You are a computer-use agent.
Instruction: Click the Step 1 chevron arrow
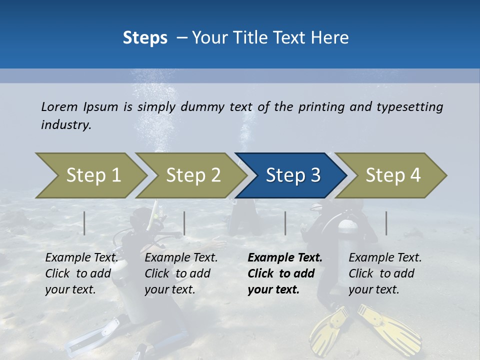click(x=92, y=175)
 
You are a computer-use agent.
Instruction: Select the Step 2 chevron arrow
click(x=192, y=175)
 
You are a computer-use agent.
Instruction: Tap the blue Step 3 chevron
click(x=292, y=175)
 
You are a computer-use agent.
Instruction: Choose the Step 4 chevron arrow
click(x=392, y=175)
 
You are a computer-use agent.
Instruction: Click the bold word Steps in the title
click(x=145, y=38)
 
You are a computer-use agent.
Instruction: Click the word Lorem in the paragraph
click(x=59, y=107)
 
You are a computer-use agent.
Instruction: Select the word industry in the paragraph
click(x=66, y=125)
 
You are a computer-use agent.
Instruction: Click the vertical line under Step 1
click(x=84, y=223)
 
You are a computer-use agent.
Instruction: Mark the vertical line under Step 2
click(x=184, y=223)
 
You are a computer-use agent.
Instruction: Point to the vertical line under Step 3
click(x=285, y=223)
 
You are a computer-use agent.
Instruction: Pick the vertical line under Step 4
click(x=386, y=223)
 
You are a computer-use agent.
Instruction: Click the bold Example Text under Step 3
click(x=285, y=258)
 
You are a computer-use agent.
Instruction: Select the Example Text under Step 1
click(x=81, y=258)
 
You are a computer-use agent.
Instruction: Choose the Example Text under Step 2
click(x=181, y=258)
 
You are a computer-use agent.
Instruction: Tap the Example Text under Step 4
click(x=385, y=258)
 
